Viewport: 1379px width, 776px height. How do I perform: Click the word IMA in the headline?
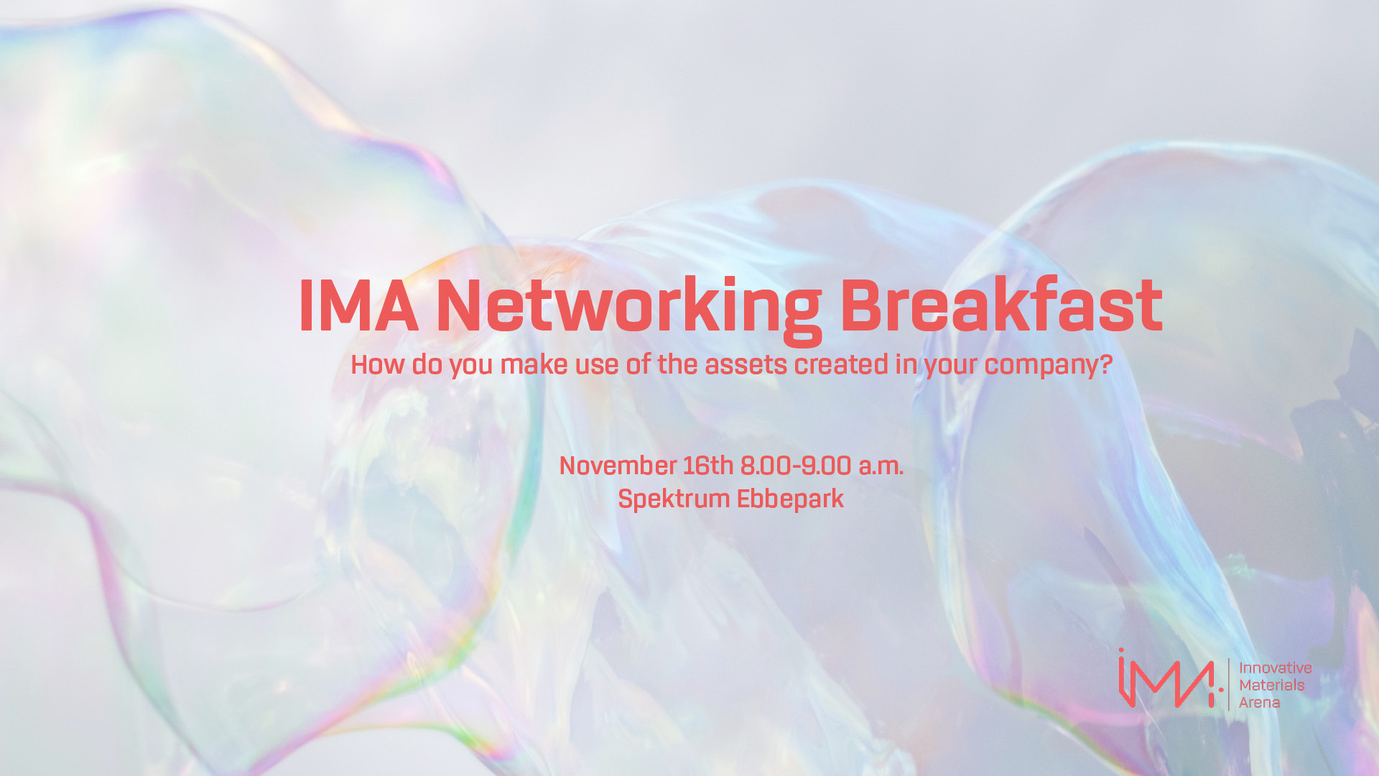click(358, 306)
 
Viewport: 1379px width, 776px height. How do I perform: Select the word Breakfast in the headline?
click(1001, 305)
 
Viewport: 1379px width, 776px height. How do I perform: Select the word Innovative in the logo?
click(1276, 668)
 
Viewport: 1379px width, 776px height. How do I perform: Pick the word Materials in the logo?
click(1272, 685)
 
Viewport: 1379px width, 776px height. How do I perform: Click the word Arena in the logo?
click(1260, 703)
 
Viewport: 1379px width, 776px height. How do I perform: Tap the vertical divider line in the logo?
click(1229, 684)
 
